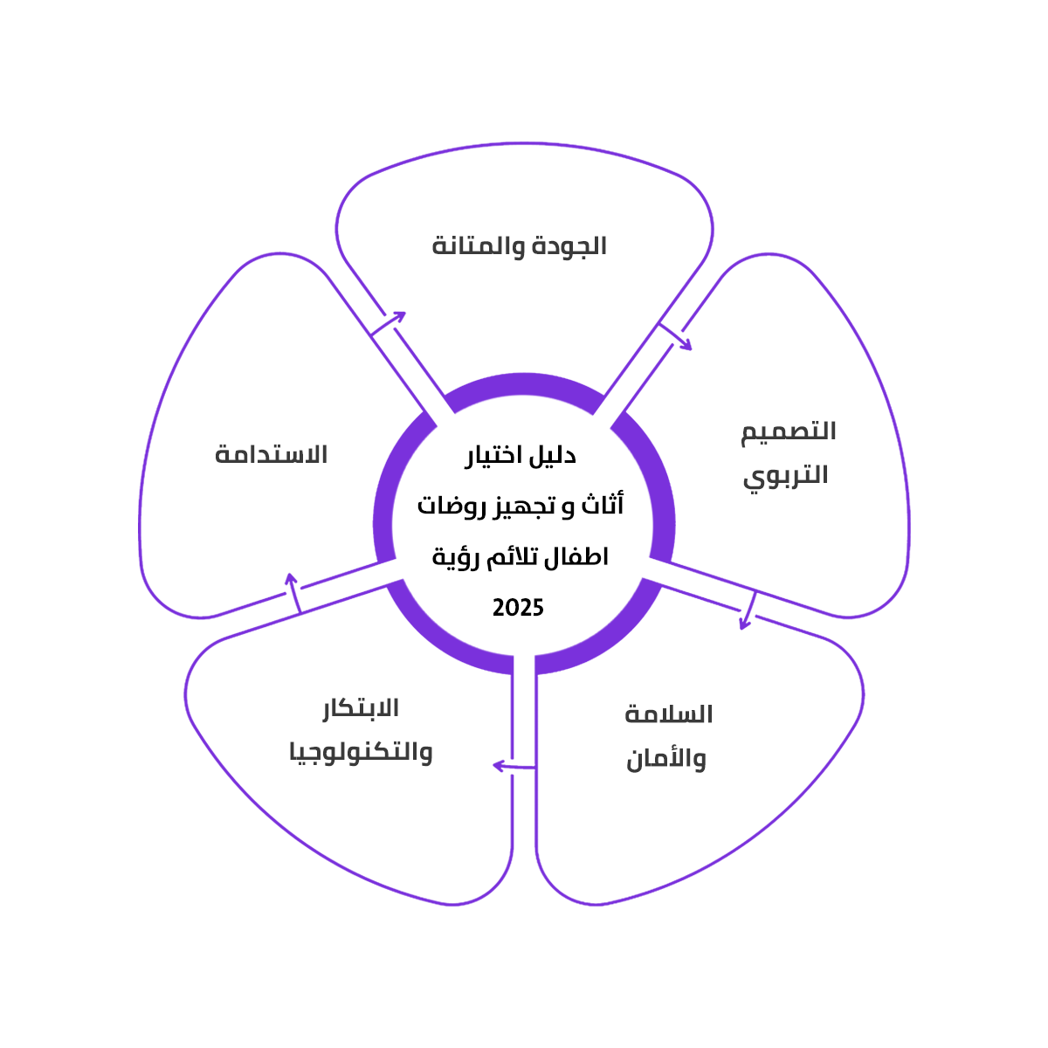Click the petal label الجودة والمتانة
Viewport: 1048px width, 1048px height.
point(519,246)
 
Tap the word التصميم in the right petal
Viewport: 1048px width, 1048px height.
point(789,432)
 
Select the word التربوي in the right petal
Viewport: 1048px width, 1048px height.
point(785,476)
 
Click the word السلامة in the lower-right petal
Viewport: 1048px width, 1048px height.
point(669,715)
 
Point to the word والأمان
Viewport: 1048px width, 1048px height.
point(665,759)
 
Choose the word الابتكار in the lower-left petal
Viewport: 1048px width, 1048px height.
point(361,708)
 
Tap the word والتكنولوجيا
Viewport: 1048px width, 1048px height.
point(361,752)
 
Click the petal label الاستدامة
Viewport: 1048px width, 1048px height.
point(271,455)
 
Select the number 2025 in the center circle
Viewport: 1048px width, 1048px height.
point(518,608)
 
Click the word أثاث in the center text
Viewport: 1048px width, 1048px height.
point(603,507)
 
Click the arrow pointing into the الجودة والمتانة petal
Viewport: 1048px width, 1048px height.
point(390,322)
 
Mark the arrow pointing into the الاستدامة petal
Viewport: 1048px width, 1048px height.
point(294,593)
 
